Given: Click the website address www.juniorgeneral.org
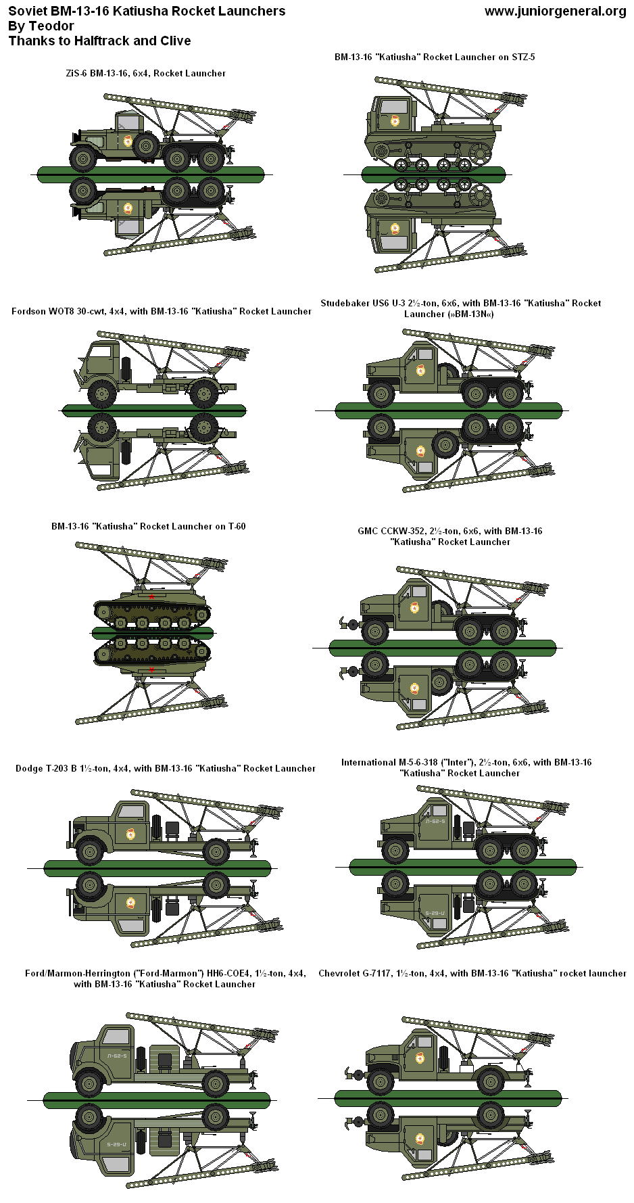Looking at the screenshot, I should click(555, 11).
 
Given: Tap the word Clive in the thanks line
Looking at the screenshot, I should click(174, 41).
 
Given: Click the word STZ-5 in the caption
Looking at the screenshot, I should click(522, 57).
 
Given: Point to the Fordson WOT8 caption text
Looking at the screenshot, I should click(161, 312).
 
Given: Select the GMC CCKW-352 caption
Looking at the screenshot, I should click(449, 532).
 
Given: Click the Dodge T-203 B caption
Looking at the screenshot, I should click(165, 768).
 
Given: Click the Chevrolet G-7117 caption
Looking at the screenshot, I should click(471, 973).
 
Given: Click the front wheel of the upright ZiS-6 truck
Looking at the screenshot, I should click(83, 158).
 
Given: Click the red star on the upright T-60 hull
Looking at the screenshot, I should click(151, 596).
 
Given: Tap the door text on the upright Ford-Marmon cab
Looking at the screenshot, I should click(116, 1056).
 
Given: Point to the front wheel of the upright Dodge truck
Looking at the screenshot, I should click(90, 852).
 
